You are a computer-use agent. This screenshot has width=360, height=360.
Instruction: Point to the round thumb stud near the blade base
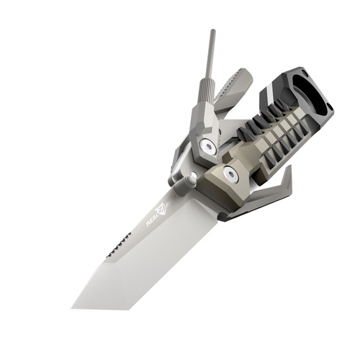[192, 181]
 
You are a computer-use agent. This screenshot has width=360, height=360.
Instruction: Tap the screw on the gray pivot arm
[209, 147]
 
